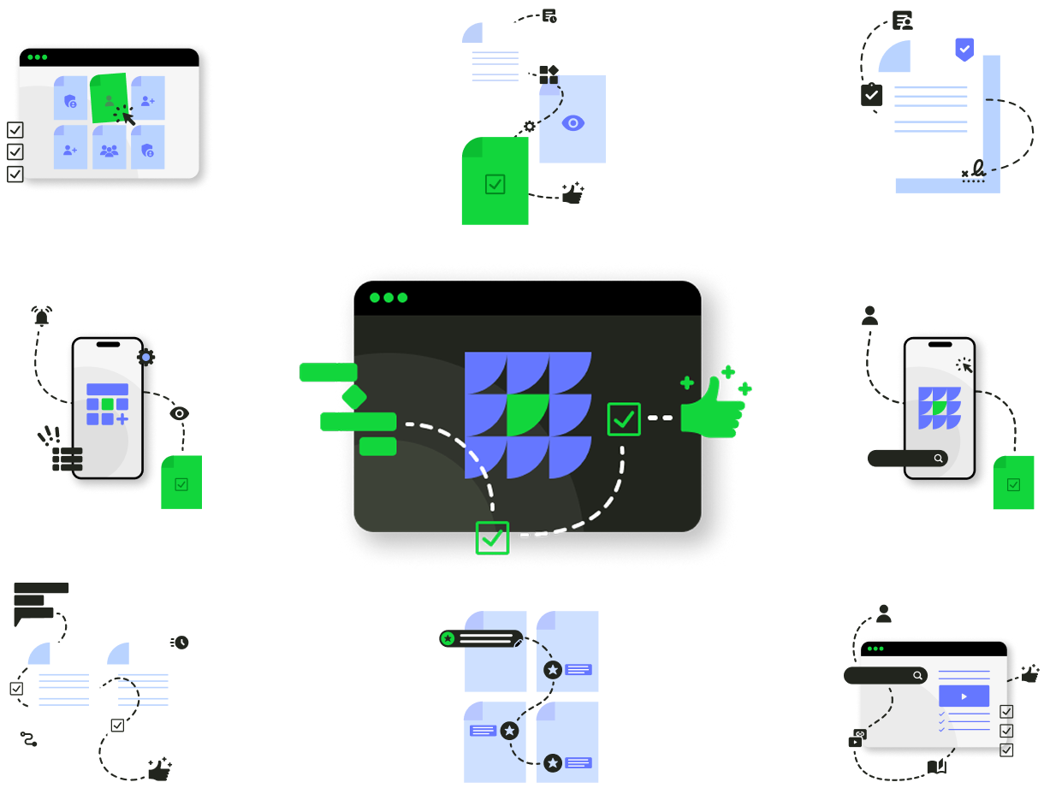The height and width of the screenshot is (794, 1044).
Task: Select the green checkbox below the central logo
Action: pyautogui.click(x=492, y=537)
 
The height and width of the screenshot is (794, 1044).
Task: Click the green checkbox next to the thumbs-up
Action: pyautogui.click(x=624, y=419)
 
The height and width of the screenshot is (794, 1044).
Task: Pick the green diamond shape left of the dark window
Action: pyautogui.click(x=353, y=396)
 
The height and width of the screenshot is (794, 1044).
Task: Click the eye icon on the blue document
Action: pyautogui.click(x=572, y=123)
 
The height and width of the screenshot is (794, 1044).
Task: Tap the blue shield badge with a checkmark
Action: pyautogui.click(x=964, y=49)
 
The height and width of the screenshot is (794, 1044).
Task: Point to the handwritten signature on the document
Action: pyautogui.click(x=976, y=169)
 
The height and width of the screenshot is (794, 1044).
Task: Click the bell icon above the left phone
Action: pyautogui.click(x=41, y=317)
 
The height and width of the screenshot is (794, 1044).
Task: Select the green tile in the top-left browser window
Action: pyautogui.click(x=110, y=98)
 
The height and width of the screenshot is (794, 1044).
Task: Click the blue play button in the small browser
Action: pyautogui.click(x=964, y=696)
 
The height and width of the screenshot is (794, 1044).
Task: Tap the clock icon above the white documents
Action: pyautogui.click(x=181, y=642)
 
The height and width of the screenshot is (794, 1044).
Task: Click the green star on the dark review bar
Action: pyautogui.click(x=448, y=638)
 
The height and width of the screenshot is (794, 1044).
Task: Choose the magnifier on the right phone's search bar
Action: pyautogui.click(x=939, y=459)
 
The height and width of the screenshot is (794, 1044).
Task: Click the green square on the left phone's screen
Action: pyautogui.click(x=107, y=404)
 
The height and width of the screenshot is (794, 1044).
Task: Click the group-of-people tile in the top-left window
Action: pyautogui.click(x=109, y=151)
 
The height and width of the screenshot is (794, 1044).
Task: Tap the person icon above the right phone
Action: pyautogui.click(x=870, y=316)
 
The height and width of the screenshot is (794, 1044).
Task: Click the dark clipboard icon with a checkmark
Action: pyautogui.click(x=871, y=94)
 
